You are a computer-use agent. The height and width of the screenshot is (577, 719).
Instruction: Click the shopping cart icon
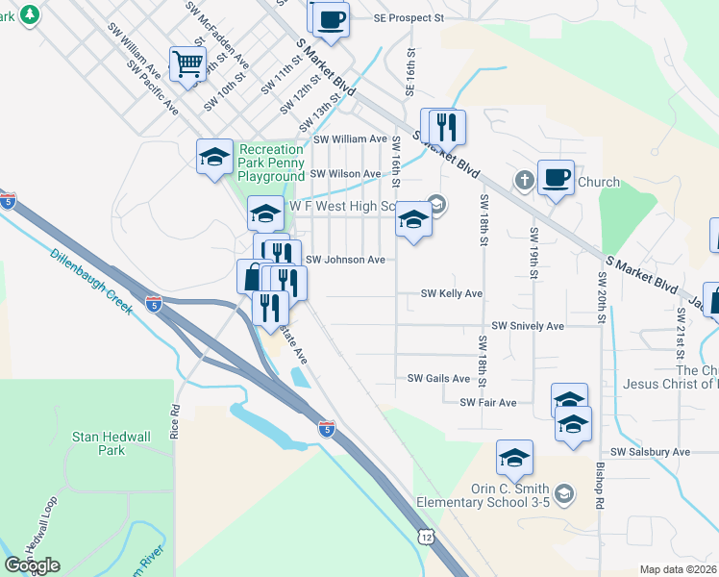[187, 64]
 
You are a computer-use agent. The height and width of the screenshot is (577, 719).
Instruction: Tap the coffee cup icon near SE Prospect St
[329, 18]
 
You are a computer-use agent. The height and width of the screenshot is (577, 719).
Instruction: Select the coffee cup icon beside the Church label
[556, 178]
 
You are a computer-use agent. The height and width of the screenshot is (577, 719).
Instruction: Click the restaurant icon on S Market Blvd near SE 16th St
[443, 127]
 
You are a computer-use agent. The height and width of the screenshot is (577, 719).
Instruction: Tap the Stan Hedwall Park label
[112, 443]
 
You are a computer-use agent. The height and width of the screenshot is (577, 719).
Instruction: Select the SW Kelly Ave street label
[452, 293]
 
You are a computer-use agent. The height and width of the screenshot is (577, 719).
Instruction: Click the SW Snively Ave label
[528, 326]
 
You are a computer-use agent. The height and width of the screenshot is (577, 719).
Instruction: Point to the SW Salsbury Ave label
[650, 452]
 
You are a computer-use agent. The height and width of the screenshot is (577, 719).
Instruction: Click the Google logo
[32, 565]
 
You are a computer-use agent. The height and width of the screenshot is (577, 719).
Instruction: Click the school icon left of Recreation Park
[213, 157]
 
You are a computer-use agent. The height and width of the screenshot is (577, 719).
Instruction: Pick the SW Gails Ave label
[438, 379]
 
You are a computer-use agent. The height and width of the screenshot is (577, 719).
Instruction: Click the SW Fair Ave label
[487, 402]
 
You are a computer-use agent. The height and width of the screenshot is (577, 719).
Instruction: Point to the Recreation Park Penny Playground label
[271, 163]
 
